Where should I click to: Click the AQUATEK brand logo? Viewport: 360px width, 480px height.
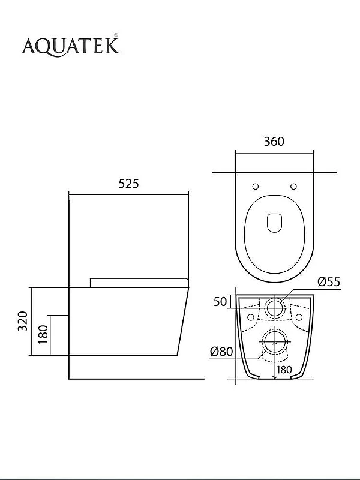pyautogui.click(x=70, y=46)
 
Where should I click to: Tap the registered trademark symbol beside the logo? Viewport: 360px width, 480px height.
pyautogui.click(x=116, y=35)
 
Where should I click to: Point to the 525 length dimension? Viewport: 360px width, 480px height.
pyautogui.click(x=128, y=184)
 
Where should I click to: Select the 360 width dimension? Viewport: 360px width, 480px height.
pyautogui.click(x=274, y=142)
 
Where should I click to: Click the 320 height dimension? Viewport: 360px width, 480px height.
pyautogui.click(x=23, y=321)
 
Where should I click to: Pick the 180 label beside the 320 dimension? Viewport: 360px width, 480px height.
pyautogui.click(x=43, y=334)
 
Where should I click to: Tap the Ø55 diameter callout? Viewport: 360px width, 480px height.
pyautogui.click(x=329, y=281)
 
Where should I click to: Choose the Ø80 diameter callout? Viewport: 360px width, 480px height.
pyautogui.click(x=221, y=352)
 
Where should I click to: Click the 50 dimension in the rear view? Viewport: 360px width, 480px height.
pyautogui.click(x=220, y=302)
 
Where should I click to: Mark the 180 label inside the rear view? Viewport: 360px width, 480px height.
pyautogui.click(x=284, y=370)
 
